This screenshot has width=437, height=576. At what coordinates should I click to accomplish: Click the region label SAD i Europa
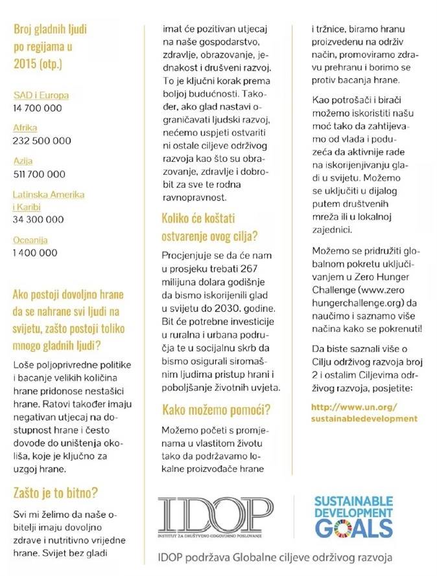pos(41,95)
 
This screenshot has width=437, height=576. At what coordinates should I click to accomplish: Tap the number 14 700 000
pos(38,108)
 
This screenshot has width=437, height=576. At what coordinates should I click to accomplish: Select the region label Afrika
pos(25,127)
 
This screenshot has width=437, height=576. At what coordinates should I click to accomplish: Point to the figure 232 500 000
pos(42,140)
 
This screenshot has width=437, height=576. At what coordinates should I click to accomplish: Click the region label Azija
pos(23,161)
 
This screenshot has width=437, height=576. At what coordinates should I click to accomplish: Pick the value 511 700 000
pos(40,173)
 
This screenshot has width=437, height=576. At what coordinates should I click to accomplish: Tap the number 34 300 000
pos(38,219)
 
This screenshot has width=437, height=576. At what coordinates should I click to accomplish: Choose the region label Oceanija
pos(30,239)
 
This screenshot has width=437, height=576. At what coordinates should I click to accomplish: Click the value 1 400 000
pos(35,252)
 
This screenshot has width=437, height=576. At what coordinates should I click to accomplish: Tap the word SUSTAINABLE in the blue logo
pos(353,501)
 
